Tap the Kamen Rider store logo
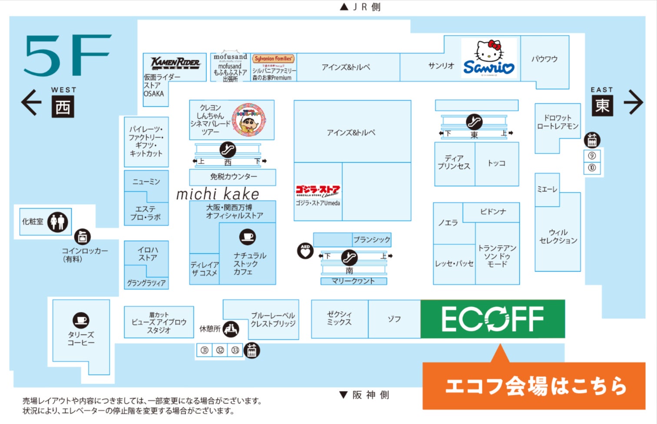coord(175,63)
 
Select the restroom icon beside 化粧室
coord(57,222)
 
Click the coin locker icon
coord(82,237)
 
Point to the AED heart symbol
coord(305,250)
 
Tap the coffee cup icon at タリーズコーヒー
coord(81,321)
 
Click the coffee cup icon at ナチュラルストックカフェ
coord(248,237)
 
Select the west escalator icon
coord(228,150)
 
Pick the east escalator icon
coord(474,122)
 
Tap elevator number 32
coord(220,350)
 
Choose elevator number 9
coord(592,156)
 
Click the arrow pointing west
coord(31,102)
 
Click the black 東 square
coord(602,105)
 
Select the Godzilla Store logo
coord(318,191)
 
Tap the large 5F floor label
coord(67,55)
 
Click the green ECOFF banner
coord(492,319)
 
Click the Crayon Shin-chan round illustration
coord(249,120)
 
